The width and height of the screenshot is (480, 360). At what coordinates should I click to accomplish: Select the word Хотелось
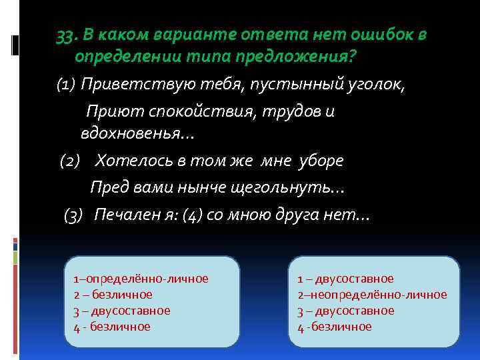(133, 161)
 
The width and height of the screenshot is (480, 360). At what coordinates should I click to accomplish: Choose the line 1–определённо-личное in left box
(141, 279)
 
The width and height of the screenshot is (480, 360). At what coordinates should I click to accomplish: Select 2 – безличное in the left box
(113, 295)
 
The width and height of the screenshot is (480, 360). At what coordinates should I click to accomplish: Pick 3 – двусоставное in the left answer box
(121, 311)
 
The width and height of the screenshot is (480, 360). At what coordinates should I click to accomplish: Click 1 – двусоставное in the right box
(345, 279)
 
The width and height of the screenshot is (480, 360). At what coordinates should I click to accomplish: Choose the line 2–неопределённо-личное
(372, 295)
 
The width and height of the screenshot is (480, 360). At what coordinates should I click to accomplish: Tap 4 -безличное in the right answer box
(334, 327)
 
